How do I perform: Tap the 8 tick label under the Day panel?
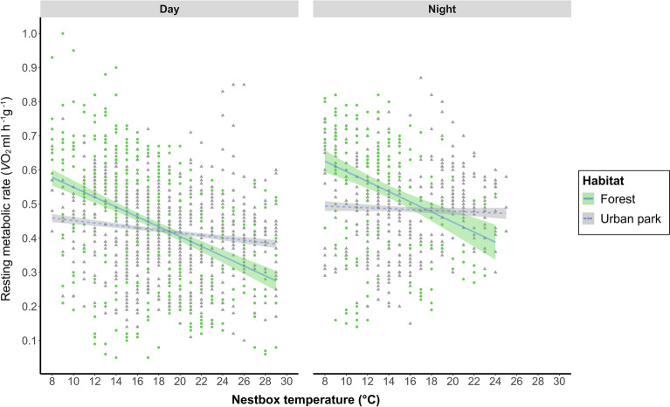coord(52,381)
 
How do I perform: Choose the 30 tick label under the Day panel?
coord(287,381)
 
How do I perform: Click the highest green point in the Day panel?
coord(62,33)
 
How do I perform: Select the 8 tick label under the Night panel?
coord(325,381)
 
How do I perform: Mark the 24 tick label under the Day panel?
coord(222,381)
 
